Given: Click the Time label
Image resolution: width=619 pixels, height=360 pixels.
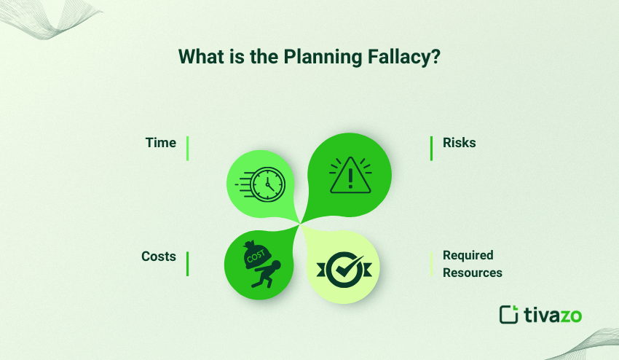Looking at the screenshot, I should [161, 143].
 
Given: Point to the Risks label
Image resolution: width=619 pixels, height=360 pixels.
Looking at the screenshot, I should [459, 143].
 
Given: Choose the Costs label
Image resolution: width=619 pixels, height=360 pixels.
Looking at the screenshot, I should [159, 257].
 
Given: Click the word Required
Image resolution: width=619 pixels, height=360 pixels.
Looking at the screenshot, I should [468, 255].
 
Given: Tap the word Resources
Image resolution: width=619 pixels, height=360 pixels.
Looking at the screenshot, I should [473, 273].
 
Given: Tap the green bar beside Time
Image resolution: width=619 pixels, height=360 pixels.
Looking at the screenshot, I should [187, 148].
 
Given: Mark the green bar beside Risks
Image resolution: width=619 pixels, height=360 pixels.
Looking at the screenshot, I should [432, 148].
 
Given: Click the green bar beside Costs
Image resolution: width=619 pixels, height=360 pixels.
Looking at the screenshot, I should [187, 264].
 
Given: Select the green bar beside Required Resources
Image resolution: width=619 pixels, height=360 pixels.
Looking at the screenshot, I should [432, 264].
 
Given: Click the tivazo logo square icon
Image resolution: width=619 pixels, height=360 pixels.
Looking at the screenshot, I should [508, 314].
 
